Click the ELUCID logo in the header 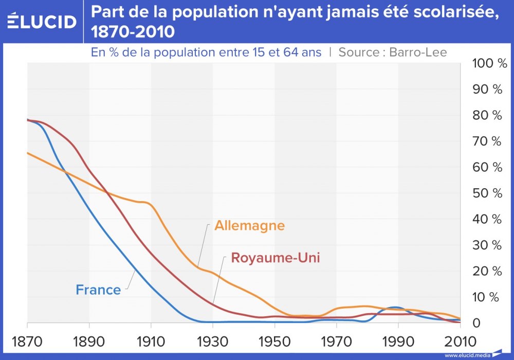(42, 21)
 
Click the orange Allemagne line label (249, 225)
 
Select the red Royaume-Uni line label (276, 257)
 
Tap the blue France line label (98, 290)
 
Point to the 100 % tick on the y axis (486, 63)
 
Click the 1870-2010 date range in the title (133, 32)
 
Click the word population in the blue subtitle (167, 52)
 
